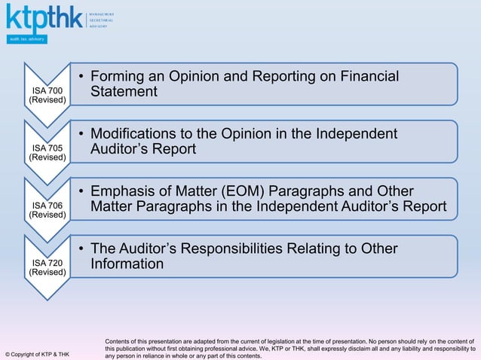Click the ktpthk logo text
point(42,17)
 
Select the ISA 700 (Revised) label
point(47,95)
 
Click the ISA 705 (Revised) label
point(47,152)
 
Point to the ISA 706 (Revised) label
point(47,209)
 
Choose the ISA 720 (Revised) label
point(47,267)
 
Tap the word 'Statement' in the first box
point(124,92)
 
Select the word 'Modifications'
point(139,134)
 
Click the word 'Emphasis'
point(124,191)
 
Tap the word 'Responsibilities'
point(251,249)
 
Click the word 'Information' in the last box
point(127,264)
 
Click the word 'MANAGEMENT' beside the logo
point(101,14)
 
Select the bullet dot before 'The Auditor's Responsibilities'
point(81,249)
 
